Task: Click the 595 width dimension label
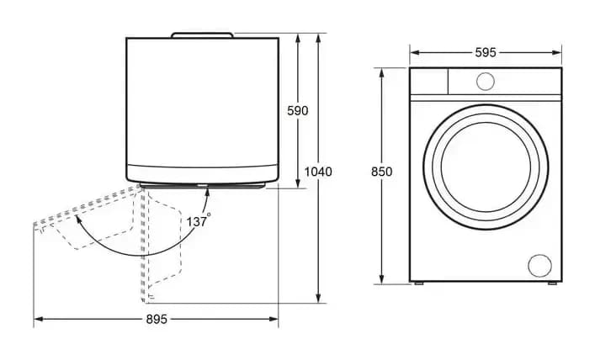(486, 52)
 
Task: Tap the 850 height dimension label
(381, 172)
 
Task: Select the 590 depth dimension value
(298, 111)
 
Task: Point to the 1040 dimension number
(318, 172)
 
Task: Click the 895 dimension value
(157, 320)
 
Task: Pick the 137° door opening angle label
(198, 220)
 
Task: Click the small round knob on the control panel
(486, 82)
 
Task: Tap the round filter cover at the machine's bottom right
(540, 265)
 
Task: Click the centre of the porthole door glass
(486, 167)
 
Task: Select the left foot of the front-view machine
(418, 283)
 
